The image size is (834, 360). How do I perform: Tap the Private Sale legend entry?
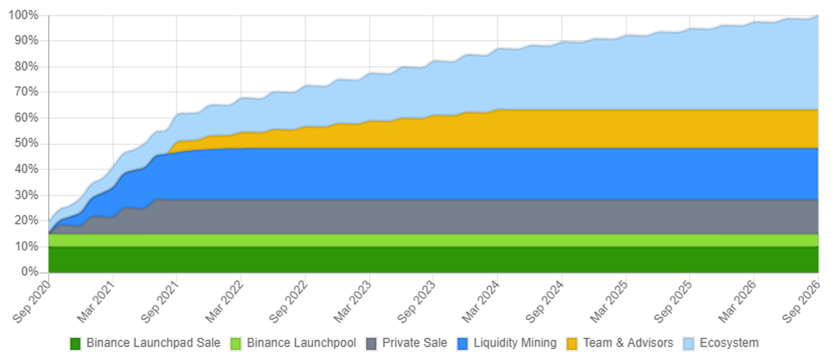414,343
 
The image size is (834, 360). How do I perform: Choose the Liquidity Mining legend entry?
515,343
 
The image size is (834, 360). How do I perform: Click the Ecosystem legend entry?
729,343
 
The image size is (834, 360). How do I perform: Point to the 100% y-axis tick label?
24,15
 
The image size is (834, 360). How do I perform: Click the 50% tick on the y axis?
26,144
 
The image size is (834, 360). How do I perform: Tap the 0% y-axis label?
29,272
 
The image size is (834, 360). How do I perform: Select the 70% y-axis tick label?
26,92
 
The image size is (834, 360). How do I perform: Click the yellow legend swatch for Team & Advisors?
573,343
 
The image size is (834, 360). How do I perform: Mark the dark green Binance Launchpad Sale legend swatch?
76,343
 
